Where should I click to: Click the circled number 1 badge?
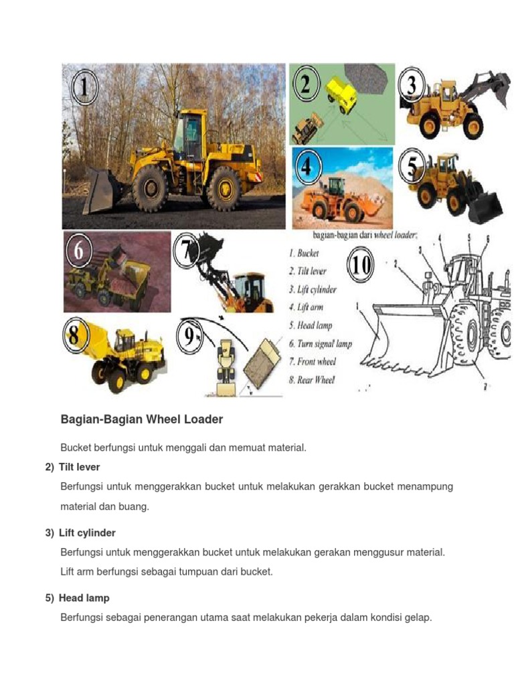coord(85,88)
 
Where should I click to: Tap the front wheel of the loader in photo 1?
coord(149,189)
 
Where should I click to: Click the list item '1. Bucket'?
coord(304,253)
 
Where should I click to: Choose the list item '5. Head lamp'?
coord(311,326)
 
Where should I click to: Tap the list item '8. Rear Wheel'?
coord(312,380)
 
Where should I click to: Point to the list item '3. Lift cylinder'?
coord(313,289)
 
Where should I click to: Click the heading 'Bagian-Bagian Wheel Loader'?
coord(141,419)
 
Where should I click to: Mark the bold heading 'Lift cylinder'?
coord(87,533)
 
